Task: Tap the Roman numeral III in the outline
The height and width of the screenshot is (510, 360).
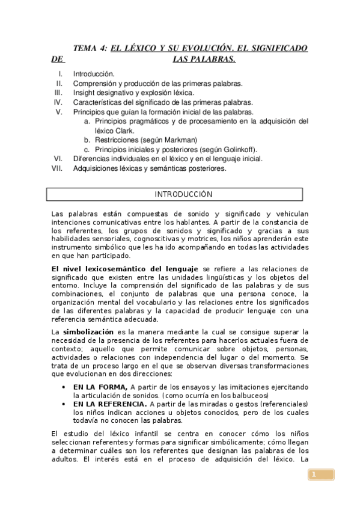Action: (x=58, y=93)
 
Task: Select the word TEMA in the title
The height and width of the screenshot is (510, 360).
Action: (x=84, y=48)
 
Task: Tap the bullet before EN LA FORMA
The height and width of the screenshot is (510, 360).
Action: (x=64, y=387)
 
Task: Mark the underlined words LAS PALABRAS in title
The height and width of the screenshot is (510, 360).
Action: (x=204, y=60)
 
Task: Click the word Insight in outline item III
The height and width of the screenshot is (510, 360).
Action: (x=85, y=93)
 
